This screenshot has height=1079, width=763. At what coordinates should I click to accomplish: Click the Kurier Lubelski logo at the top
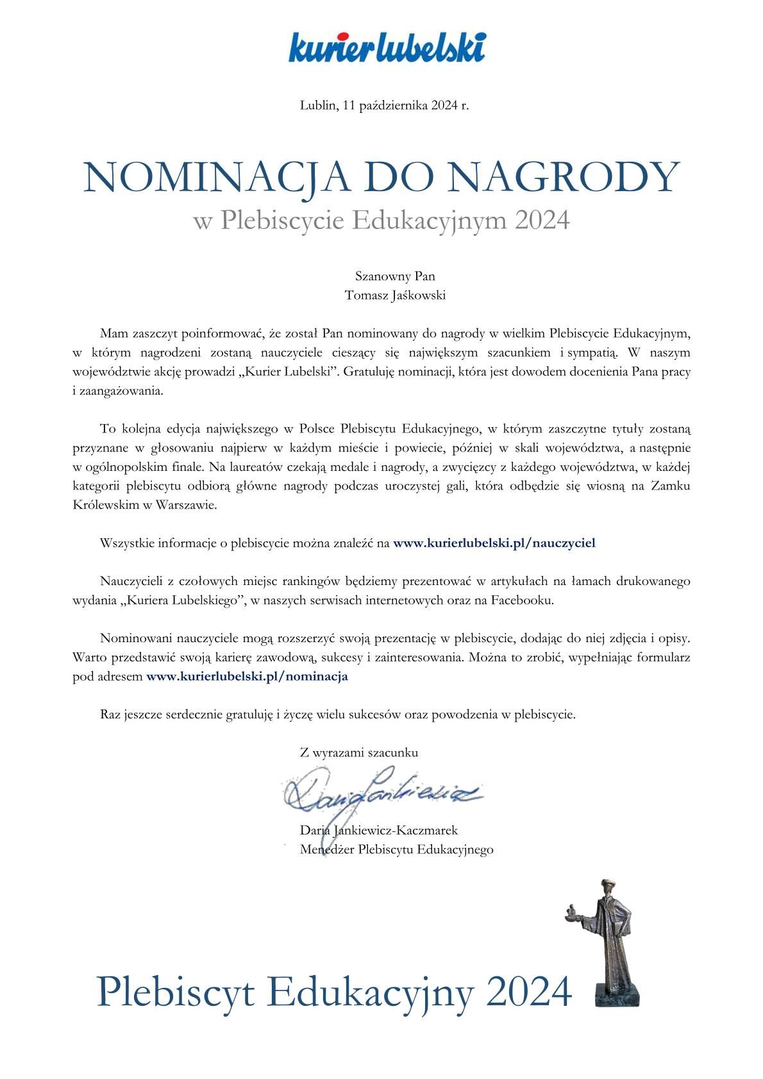pyautogui.click(x=387, y=47)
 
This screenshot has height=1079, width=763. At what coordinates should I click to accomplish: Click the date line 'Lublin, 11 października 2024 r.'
pyautogui.click(x=384, y=105)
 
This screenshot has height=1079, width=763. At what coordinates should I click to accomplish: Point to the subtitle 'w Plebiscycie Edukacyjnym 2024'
pyautogui.click(x=382, y=221)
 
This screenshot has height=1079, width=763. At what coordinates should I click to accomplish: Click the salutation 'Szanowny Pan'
pyautogui.click(x=395, y=276)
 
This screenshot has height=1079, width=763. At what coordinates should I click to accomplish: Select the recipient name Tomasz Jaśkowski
pyautogui.click(x=395, y=296)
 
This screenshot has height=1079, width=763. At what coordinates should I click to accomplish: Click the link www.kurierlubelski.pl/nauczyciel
pyautogui.click(x=494, y=543)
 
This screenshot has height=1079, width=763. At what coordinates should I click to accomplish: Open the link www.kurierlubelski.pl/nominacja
pyautogui.click(x=247, y=676)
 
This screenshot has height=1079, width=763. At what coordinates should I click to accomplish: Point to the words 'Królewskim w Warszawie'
pyautogui.click(x=145, y=505)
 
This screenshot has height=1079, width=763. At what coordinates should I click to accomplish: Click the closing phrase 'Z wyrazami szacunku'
pyautogui.click(x=359, y=753)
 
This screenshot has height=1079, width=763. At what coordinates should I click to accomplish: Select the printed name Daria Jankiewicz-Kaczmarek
pyautogui.click(x=379, y=831)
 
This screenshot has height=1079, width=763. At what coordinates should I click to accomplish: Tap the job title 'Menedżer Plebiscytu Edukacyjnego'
pyautogui.click(x=396, y=850)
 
